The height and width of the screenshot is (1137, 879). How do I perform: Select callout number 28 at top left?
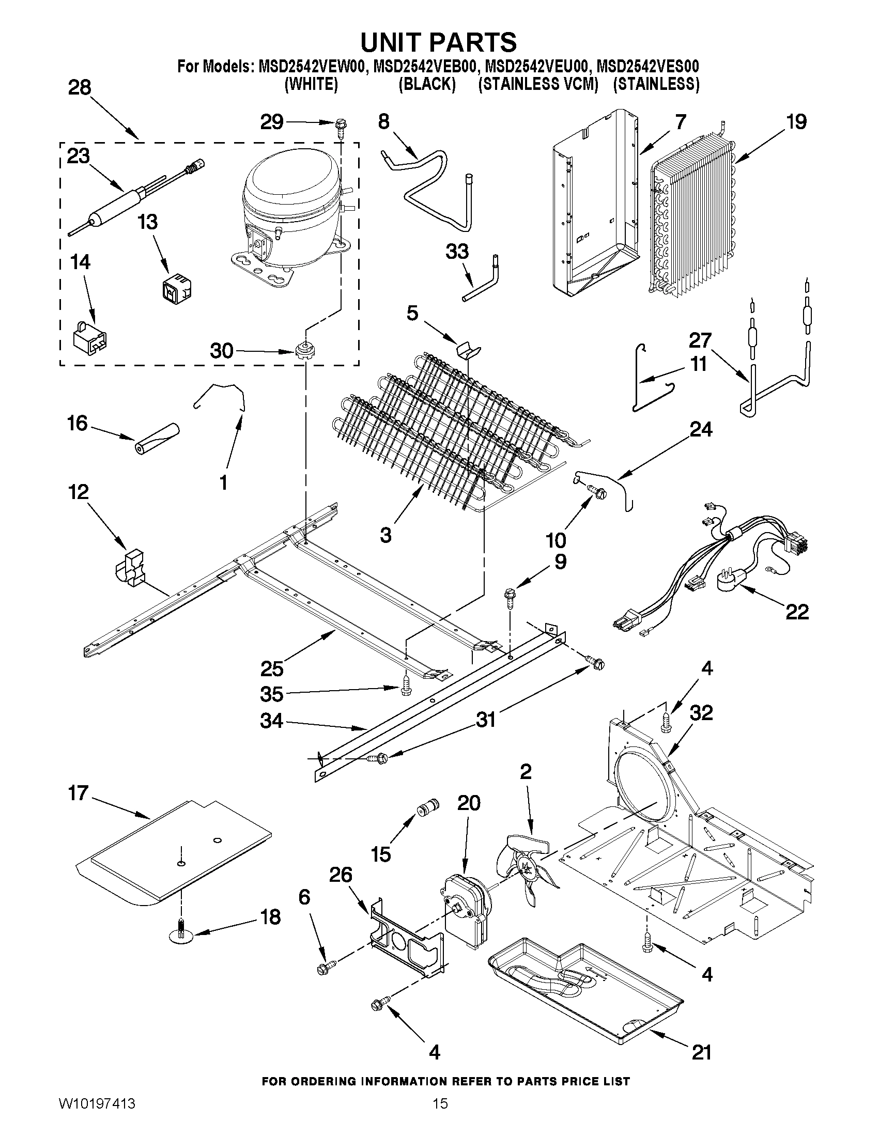point(80,87)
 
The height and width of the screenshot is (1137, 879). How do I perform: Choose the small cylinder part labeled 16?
point(156,439)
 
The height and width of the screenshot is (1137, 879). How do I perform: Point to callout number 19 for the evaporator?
point(796,122)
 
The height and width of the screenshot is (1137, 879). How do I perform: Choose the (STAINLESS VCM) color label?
point(538,84)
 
